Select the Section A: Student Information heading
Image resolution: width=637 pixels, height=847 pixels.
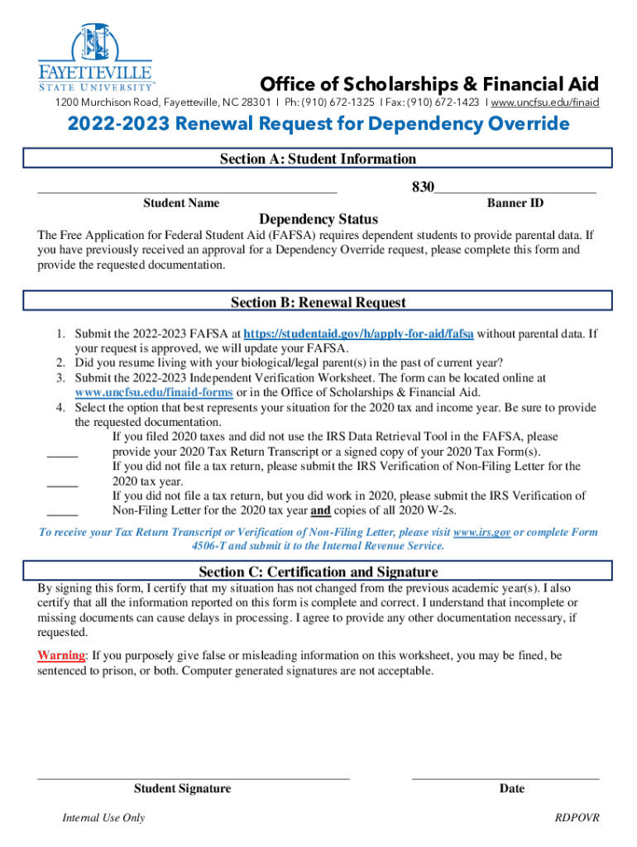(x=318, y=159)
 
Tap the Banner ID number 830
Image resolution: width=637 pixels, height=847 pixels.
(x=423, y=188)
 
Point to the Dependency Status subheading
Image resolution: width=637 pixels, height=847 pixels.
(x=318, y=219)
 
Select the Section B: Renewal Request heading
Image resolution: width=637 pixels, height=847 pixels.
(x=318, y=303)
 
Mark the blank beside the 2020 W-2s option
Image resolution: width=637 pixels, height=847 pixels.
(x=62, y=514)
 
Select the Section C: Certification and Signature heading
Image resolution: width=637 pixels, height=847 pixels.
(x=318, y=572)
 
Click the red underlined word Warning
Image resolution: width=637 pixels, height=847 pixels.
(x=61, y=655)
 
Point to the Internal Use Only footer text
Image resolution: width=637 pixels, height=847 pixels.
(x=103, y=818)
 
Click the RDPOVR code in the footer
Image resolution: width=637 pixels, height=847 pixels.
(x=577, y=818)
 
